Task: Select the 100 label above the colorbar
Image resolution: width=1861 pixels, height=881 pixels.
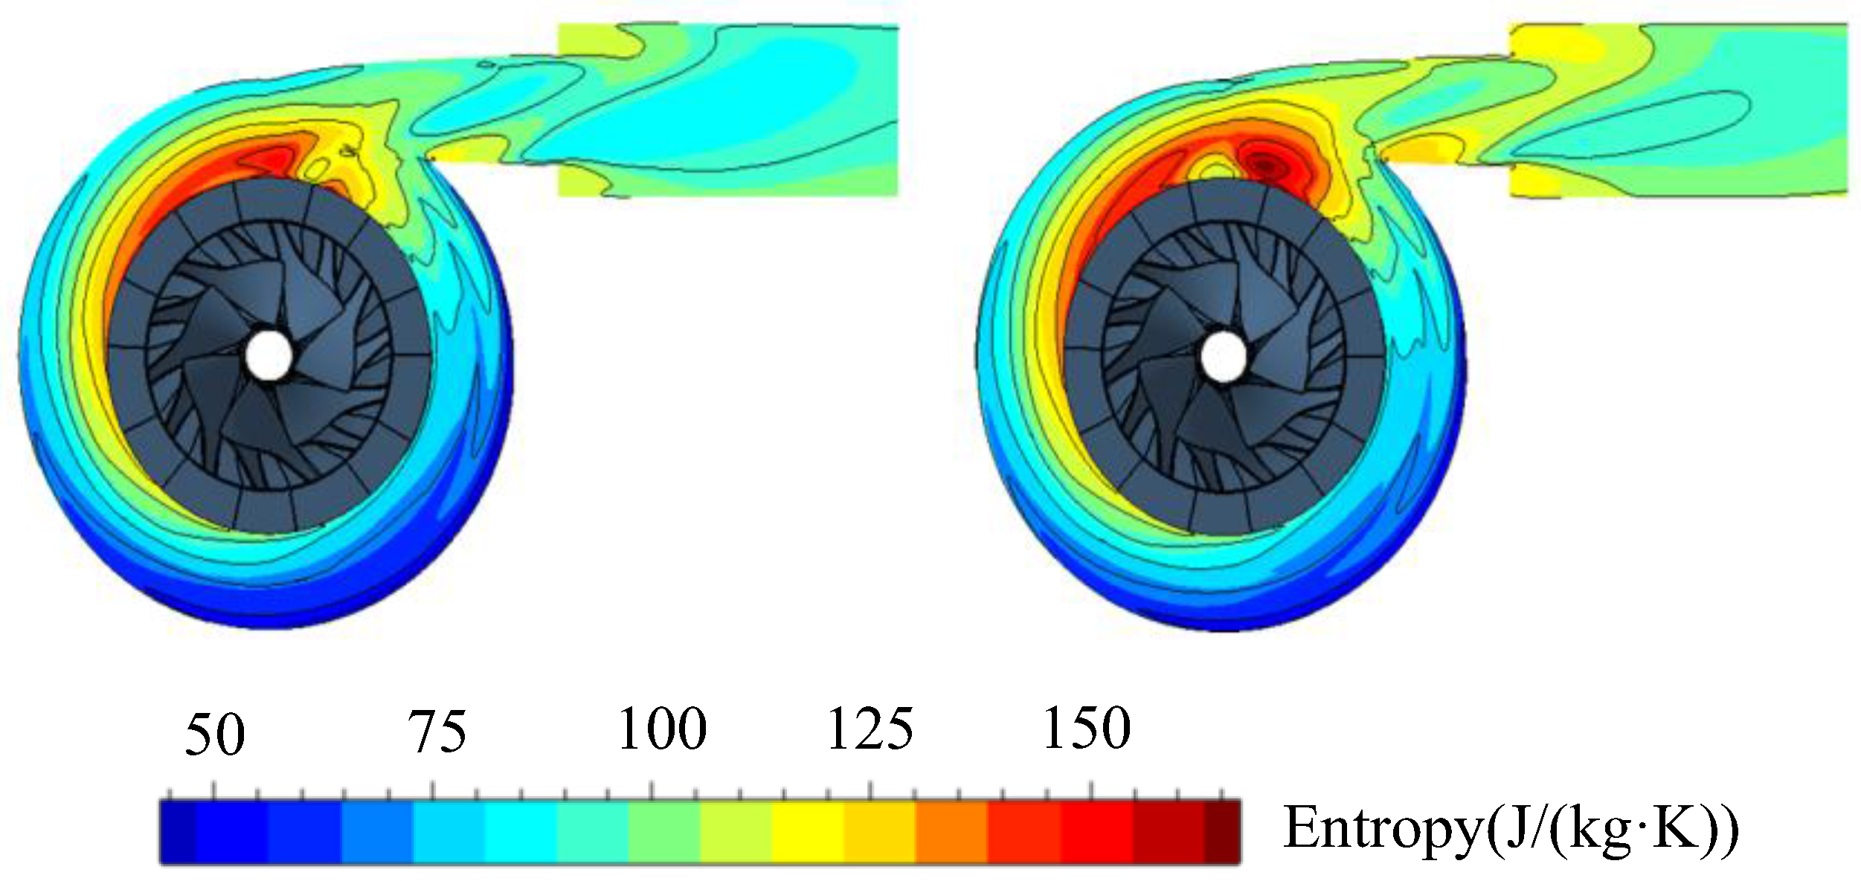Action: [x=662, y=729]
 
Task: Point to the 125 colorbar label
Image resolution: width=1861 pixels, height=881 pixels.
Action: [x=870, y=729]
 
